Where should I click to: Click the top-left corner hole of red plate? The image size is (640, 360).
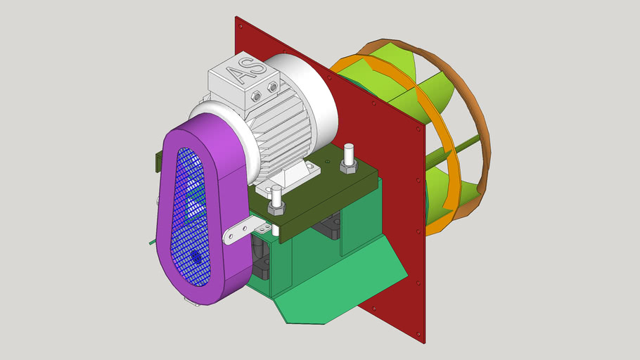(241, 26)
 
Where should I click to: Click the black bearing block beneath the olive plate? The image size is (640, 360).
(331, 229)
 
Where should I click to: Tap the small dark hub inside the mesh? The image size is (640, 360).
(197, 259)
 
